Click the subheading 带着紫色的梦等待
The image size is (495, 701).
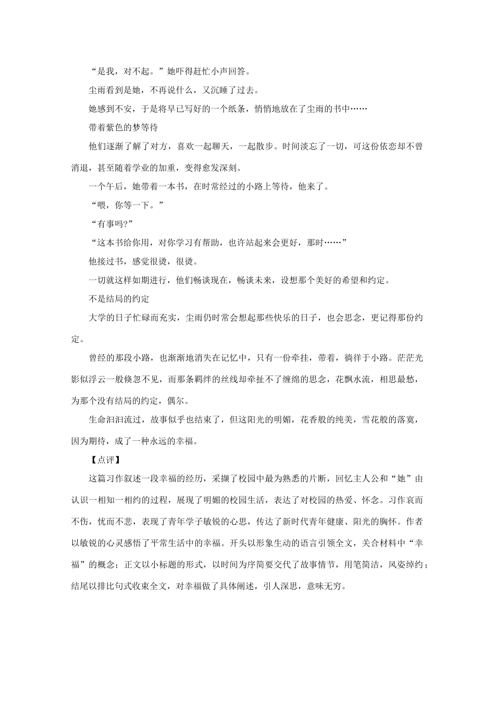(123, 127)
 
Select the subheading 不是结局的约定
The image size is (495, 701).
(119, 298)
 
